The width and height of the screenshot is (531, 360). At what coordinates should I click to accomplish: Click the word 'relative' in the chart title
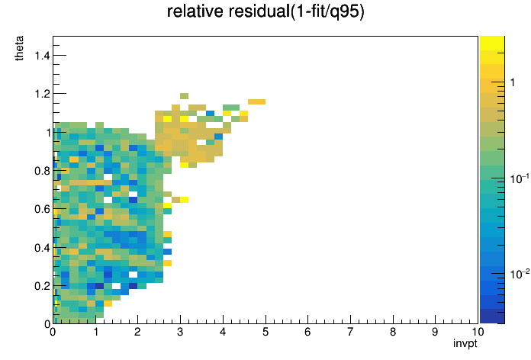coord(196,11)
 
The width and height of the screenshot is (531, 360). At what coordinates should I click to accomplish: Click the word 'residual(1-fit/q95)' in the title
coord(296,12)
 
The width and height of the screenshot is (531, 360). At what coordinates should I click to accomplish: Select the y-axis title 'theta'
coord(19,48)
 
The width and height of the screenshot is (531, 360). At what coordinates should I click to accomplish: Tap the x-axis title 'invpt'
coord(465,343)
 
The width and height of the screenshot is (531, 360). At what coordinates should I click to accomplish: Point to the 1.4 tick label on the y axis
coord(42,55)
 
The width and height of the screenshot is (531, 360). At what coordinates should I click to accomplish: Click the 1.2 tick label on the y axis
coord(42,94)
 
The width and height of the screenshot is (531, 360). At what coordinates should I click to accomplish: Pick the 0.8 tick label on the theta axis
coord(42,171)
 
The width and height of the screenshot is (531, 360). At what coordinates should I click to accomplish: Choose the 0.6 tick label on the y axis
coord(42,209)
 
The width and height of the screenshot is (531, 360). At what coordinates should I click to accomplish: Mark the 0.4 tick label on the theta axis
coord(42,248)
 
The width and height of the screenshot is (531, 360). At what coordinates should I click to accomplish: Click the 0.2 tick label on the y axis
coord(42,286)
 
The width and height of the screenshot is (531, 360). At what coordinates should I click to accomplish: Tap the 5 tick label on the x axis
coord(265,332)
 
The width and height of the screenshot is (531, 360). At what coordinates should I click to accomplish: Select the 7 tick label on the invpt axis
coord(350,332)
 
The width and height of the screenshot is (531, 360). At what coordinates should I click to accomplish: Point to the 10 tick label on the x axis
coord(477,332)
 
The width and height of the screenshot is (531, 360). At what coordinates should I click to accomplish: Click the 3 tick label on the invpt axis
coord(180,332)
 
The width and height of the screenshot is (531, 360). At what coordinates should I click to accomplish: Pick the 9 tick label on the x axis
coord(435,332)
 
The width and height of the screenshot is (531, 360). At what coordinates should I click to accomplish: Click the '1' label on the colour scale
coord(513,82)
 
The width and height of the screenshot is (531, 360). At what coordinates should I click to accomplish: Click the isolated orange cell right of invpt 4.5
coord(256,102)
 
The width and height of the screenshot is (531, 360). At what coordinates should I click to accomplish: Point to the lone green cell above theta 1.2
coord(184,96)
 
